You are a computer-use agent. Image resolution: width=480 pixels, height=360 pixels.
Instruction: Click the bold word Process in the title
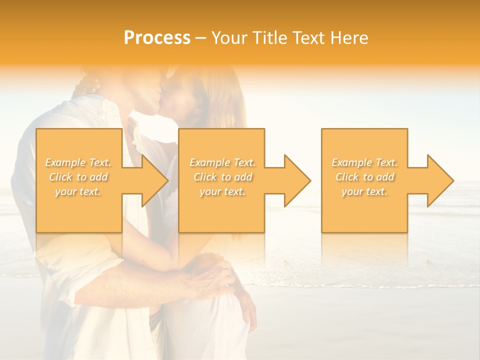(157, 38)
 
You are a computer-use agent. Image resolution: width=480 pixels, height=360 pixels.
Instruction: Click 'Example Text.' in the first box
(78, 162)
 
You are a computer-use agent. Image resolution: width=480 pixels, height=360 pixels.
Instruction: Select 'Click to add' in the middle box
(222, 177)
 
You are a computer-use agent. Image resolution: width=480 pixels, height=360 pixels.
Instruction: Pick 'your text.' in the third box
(364, 191)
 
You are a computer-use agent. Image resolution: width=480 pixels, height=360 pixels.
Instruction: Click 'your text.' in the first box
(78, 191)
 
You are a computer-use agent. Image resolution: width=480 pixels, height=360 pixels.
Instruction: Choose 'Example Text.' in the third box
(364, 162)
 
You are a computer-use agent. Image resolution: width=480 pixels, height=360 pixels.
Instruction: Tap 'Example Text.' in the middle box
(222, 162)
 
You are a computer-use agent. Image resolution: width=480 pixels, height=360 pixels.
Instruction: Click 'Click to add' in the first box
(78, 177)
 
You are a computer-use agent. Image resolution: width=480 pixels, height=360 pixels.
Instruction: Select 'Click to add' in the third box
(364, 177)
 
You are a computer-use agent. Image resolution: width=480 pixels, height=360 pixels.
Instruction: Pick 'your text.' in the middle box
(222, 191)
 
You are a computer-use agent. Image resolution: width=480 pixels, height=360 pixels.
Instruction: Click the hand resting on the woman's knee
(215, 272)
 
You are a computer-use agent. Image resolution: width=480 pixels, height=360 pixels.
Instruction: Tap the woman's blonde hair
(227, 100)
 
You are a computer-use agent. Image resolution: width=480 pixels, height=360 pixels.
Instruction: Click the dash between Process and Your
(201, 38)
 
